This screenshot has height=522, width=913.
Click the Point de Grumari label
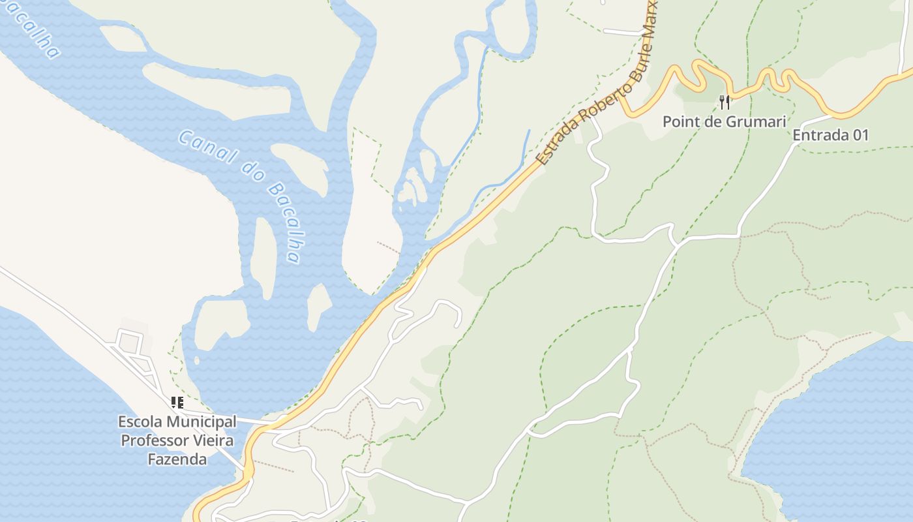(x=724, y=121)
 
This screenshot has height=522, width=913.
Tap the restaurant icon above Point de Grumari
(x=724, y=102)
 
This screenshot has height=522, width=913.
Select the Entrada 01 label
(x=831, y=135)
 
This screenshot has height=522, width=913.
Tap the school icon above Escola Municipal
(x=177, y=402)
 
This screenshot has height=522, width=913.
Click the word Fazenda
(x=177, y=459)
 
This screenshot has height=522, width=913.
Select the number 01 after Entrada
(x=860, y=135)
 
